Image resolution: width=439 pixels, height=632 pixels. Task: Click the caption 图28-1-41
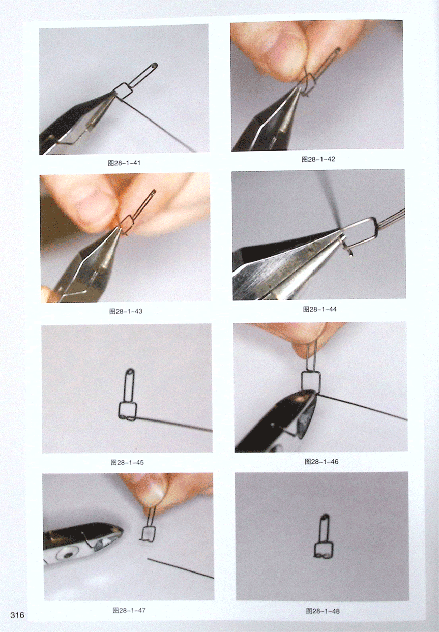[x=124, y=163]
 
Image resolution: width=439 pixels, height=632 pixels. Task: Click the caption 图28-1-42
[x=318, y=159]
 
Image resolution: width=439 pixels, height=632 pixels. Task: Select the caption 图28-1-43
[x=126, y=311]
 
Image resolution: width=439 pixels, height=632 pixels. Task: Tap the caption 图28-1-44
[x=319, y=309]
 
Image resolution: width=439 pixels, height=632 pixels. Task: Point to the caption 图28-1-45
[x=127, y=462]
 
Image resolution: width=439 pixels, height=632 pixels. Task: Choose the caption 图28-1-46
[x=321, y=462]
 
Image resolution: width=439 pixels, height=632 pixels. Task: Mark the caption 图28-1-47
[x=129, y=610]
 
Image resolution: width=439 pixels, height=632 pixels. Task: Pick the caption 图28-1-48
[x=323, y=611]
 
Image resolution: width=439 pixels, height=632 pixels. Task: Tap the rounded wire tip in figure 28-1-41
[x=154, y=65]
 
